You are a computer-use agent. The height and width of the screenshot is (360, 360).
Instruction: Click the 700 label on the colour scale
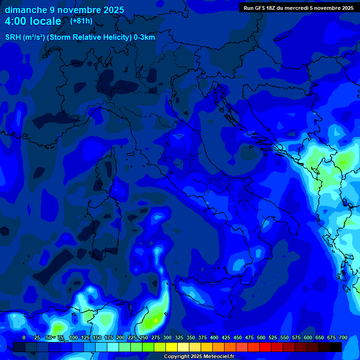(x=343, y=337)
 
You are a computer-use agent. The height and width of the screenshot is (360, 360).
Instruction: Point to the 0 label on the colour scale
(x=24, y=337)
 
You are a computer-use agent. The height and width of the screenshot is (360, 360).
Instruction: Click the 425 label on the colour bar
(x=214, y=337)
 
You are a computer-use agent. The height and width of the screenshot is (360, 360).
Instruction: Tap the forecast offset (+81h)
(x=81, y=21)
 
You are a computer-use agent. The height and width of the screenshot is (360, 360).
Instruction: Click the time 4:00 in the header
(x=15, y=21)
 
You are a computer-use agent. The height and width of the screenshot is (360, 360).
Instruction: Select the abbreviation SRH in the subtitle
(x=13, y=37)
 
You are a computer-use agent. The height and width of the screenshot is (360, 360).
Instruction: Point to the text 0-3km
(x=144, y=37)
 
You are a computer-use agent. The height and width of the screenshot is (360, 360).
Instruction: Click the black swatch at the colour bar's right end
(x=336, y=347)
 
